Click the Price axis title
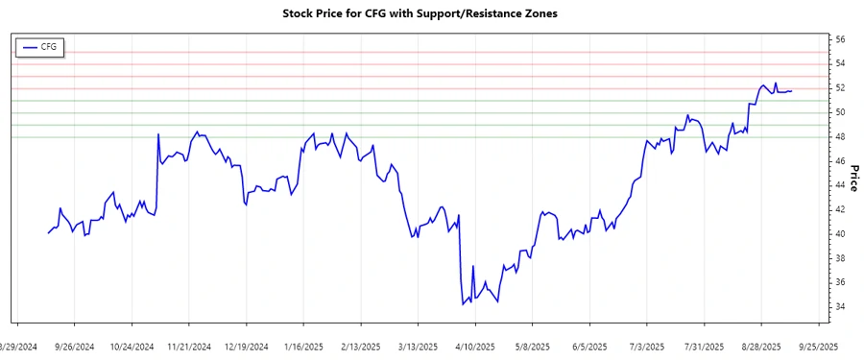tap(854, 174)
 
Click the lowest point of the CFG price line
tap(463, 304)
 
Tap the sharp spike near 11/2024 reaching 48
tap(157, 134)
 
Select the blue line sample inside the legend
tap(29, 46)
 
